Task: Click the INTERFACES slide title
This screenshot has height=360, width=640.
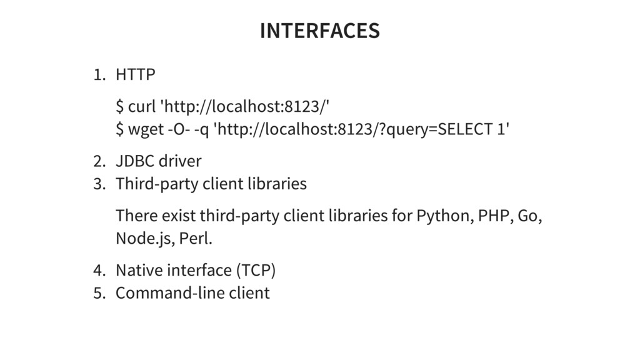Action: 319,30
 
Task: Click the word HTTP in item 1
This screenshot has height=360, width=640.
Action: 136,76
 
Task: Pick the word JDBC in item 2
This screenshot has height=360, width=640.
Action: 134,161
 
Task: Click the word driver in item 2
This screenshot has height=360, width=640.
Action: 180,161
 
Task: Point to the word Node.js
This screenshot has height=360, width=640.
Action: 146,239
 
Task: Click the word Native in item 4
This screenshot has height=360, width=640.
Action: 137,271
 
